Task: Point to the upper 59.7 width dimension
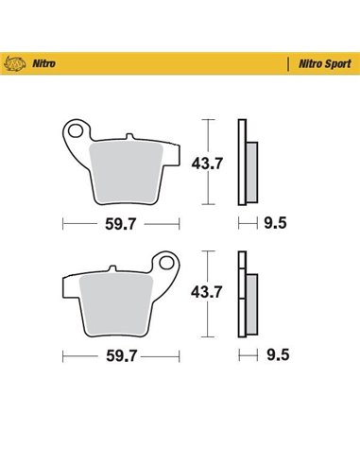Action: coord(122,224)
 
